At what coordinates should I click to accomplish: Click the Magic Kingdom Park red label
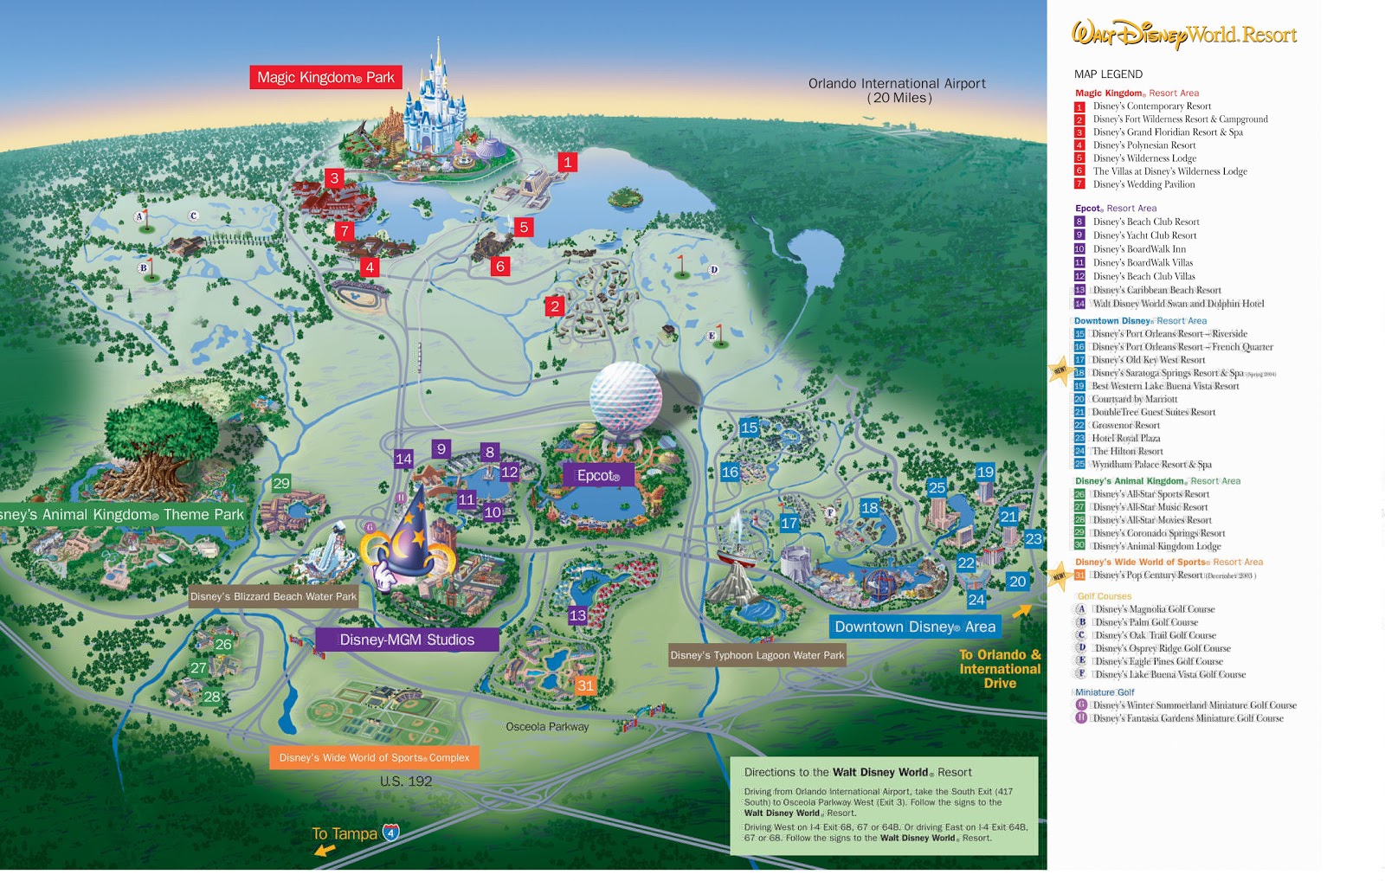click(x=325, y=78)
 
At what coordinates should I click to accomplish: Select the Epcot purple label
click(x=598, y=475)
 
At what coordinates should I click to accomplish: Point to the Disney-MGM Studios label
click(x=407, y=640)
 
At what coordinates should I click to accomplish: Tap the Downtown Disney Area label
click(x=915, y=627)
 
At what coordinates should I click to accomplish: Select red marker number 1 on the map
click(x=568, y=162)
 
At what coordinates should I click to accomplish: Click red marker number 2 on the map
click(x=555, y=305)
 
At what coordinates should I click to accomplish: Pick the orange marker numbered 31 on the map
click(x=586, y=685)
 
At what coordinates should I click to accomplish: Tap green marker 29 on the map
click(x=281, y=484)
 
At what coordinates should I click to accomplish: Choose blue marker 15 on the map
click(x=749, y=428)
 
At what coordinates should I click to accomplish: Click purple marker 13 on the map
click(x=577, y=615)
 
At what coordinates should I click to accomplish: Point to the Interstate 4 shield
click(x=391, y=833)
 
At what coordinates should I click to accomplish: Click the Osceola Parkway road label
click(x=547, y=727)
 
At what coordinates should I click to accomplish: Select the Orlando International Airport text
click(x=897, y=84)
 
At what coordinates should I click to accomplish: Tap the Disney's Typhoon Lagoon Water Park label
click(x=757, y=655)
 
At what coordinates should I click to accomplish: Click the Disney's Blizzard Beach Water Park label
click(x=274, y=596)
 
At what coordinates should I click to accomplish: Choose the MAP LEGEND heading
click(x=1108, y=74)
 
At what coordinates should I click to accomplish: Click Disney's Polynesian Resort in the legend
click(x=1143, y=145)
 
